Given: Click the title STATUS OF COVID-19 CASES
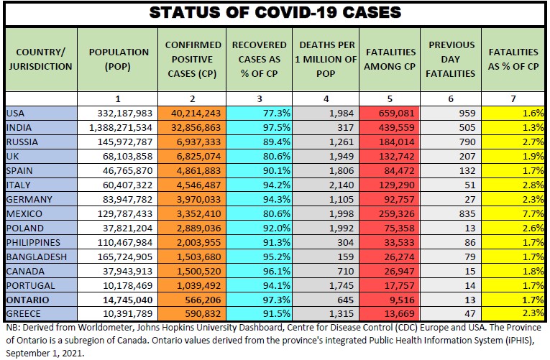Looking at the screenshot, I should coord(275,13).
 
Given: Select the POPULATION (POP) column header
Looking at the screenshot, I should coord(119,58).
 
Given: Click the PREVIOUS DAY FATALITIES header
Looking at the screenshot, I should coord(452,58).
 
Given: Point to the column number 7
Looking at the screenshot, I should coord(513,97).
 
